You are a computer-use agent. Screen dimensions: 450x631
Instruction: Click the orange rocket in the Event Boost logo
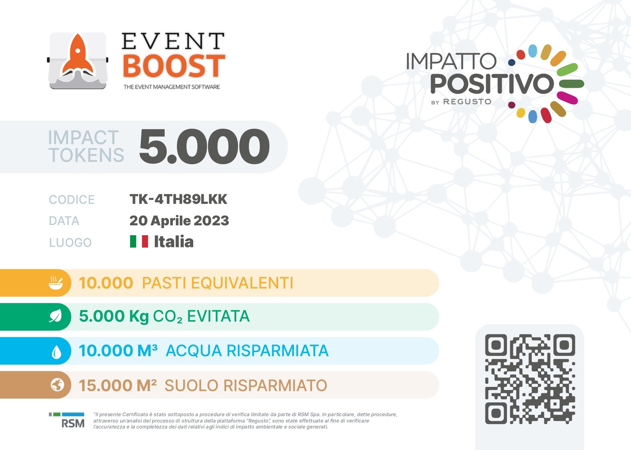tap(78, 56)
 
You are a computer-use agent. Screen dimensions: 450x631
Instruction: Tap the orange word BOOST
tap(173, 66)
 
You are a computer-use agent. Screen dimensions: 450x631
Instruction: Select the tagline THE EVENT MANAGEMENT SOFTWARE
tap(172, 87)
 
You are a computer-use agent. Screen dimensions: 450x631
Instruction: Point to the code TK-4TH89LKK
tap(178, 199)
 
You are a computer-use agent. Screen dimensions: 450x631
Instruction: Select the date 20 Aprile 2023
tap(179, 221)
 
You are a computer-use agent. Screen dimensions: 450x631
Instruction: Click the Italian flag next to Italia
tap(139, 242)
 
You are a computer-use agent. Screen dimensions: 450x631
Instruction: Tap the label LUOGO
tap(71, 243)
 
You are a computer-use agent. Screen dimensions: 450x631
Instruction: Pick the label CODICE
tap(72, 200)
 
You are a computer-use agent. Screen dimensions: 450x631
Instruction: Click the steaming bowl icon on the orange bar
tap(56, 283)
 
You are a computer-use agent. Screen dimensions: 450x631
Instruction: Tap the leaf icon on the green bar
tap(55, 316)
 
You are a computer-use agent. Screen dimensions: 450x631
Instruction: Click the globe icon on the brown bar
tap(57, 385)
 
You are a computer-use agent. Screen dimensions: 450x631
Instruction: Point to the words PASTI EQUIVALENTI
tap(218, 283)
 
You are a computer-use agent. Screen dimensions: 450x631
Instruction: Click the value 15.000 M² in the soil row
tap(118, 385)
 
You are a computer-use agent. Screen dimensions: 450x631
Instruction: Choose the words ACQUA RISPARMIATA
tap(247, 351)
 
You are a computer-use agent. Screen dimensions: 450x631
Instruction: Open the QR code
tap(530, 379)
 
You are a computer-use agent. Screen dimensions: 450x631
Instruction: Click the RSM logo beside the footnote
tap(67, 420)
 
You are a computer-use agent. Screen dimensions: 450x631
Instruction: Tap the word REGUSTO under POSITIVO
tap(467, 102)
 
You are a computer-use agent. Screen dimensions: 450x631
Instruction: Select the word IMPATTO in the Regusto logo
tap(451, 61)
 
